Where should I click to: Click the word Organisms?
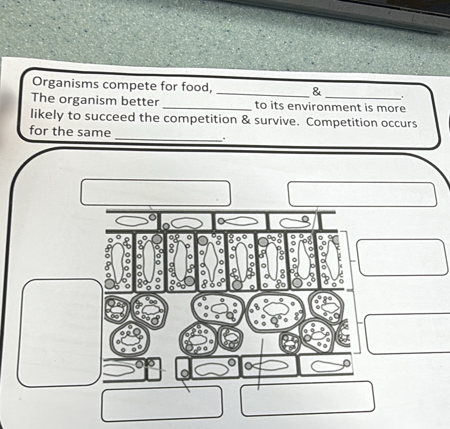65,83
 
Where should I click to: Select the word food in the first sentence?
197,86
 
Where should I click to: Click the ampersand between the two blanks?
316,92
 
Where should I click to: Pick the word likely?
47,115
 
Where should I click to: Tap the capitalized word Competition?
341,122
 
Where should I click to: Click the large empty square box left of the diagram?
60,333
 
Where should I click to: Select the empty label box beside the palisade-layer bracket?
402,257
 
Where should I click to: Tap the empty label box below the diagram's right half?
307,399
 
